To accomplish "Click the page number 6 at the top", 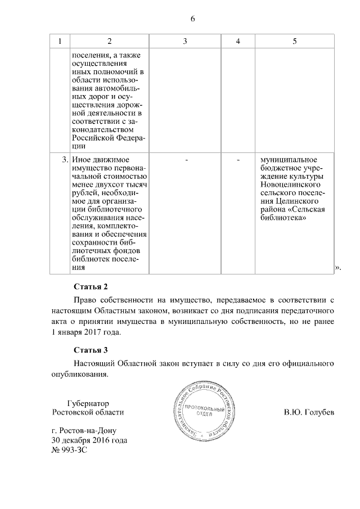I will click(192, 19).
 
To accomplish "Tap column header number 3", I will click(185, 41).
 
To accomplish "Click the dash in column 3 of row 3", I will click(185, 160).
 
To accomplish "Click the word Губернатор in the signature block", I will click(87, 403).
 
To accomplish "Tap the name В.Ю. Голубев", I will click(309, 412).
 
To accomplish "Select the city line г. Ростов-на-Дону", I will click(82, 431).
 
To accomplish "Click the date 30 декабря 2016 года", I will click(89, 440).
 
